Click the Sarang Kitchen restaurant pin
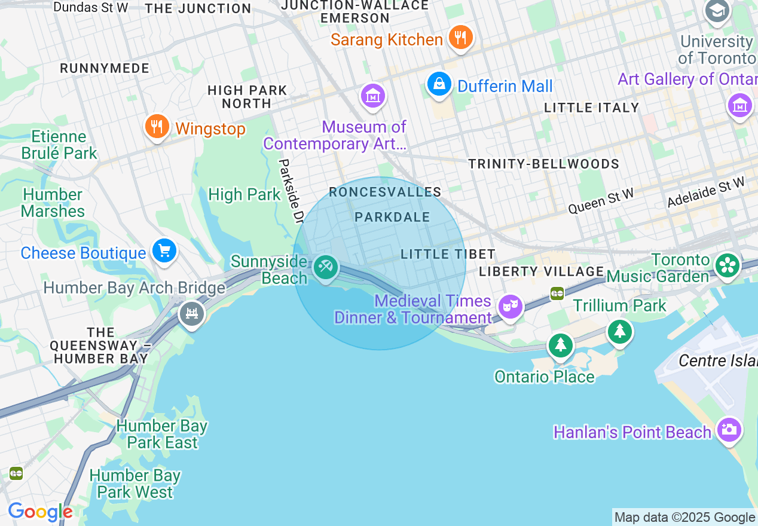click(x=460, y=38)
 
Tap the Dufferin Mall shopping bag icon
click(x=439, y=84)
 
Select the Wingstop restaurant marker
click(x=157, y=127)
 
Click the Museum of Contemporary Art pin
click(x=372, y=96)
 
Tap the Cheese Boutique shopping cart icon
click(x=164, y=251)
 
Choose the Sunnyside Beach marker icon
click(x=325, y=267)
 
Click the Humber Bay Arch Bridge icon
click(x=191, y=313)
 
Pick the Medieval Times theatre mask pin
click(x=510, y=307)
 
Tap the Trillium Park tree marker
click(x=620, y=331)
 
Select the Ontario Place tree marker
click(x=560, y=344)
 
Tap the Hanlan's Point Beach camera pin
click(x=729, y=429)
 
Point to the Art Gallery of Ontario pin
click(x=739, y=105)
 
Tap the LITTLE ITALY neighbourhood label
click(x=592, y=108)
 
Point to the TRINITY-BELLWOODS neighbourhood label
click(x=543, y=164)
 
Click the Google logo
click(x=40, y=512)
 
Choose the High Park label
click(x=244, y=194)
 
